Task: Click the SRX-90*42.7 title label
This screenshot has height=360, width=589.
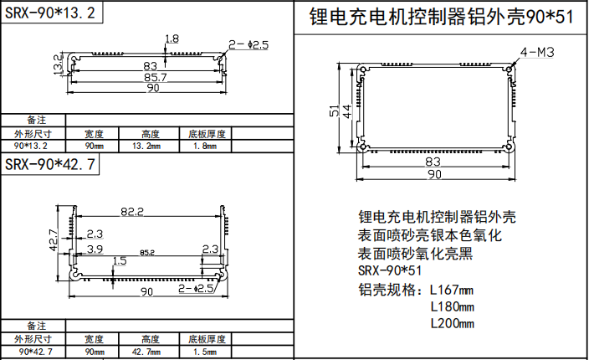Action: click(49, 164)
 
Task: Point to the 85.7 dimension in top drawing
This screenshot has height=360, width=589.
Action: click(151, 77)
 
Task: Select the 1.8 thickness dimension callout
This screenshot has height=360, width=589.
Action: click(172, 39)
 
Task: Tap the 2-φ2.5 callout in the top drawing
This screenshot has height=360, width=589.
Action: click(248, 45)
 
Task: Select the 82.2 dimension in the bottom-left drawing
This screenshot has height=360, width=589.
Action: click(133, 212)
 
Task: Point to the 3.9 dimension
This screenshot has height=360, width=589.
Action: click(95, 249)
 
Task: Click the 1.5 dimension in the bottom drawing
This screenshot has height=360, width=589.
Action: click(120, 261)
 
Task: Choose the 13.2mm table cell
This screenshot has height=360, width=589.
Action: click(151, 146)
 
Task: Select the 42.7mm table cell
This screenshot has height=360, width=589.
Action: click(151, 352)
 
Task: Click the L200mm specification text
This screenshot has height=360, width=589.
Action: click(452, 323)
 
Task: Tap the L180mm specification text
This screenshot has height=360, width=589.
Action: click(452, 306)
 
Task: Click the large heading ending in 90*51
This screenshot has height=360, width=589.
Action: click(442, 17)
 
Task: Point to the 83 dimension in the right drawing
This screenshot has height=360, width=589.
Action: click(433, 162)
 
